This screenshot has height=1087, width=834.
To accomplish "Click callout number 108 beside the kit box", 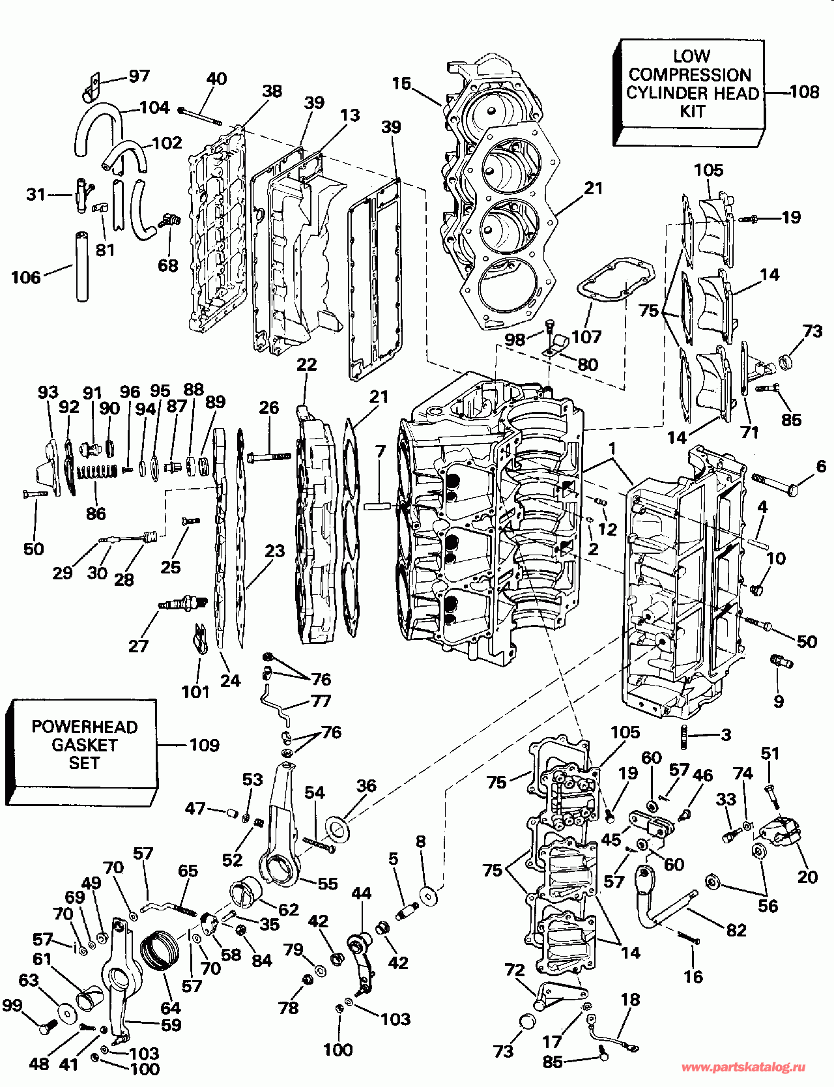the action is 804,91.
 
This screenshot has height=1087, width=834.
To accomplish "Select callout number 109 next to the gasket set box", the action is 204,745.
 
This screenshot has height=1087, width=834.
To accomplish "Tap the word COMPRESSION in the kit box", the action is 690,75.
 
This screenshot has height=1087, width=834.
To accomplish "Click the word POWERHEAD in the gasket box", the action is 85,727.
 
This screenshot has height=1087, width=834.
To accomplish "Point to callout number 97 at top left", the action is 139,76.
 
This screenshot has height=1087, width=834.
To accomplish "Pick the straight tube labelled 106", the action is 82,265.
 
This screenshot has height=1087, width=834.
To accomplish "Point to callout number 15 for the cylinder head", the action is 401,84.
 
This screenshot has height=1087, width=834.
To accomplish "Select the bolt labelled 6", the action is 776,483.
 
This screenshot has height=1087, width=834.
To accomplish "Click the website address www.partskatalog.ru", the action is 743,1067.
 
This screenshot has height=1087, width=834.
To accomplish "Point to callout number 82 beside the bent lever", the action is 736,930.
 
